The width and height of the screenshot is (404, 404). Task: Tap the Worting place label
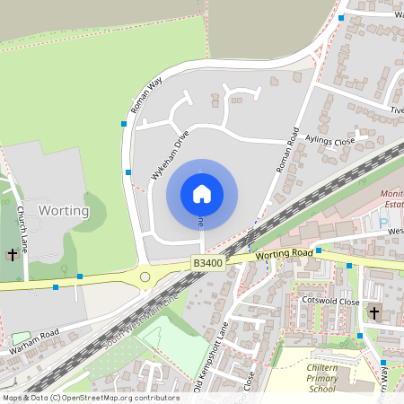64,211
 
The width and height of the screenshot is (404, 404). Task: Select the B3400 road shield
208,261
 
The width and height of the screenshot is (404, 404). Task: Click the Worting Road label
283,255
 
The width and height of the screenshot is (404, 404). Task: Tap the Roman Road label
286,148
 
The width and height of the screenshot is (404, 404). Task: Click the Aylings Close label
331,142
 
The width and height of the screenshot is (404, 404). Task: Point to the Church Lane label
22,229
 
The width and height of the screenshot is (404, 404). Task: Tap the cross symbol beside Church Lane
13,255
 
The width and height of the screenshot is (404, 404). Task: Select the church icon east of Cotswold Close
374,313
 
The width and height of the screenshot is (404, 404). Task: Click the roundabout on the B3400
145,277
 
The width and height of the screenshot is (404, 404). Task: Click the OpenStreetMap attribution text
90,398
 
